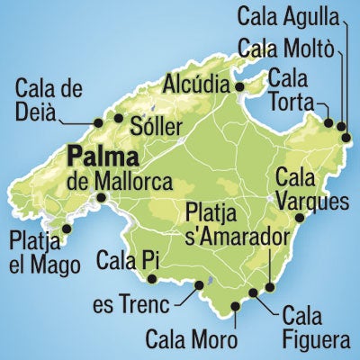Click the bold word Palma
pos(105,160)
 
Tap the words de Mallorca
pos(120,182)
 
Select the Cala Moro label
pos(192,340)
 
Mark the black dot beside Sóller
pos(117,117)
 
